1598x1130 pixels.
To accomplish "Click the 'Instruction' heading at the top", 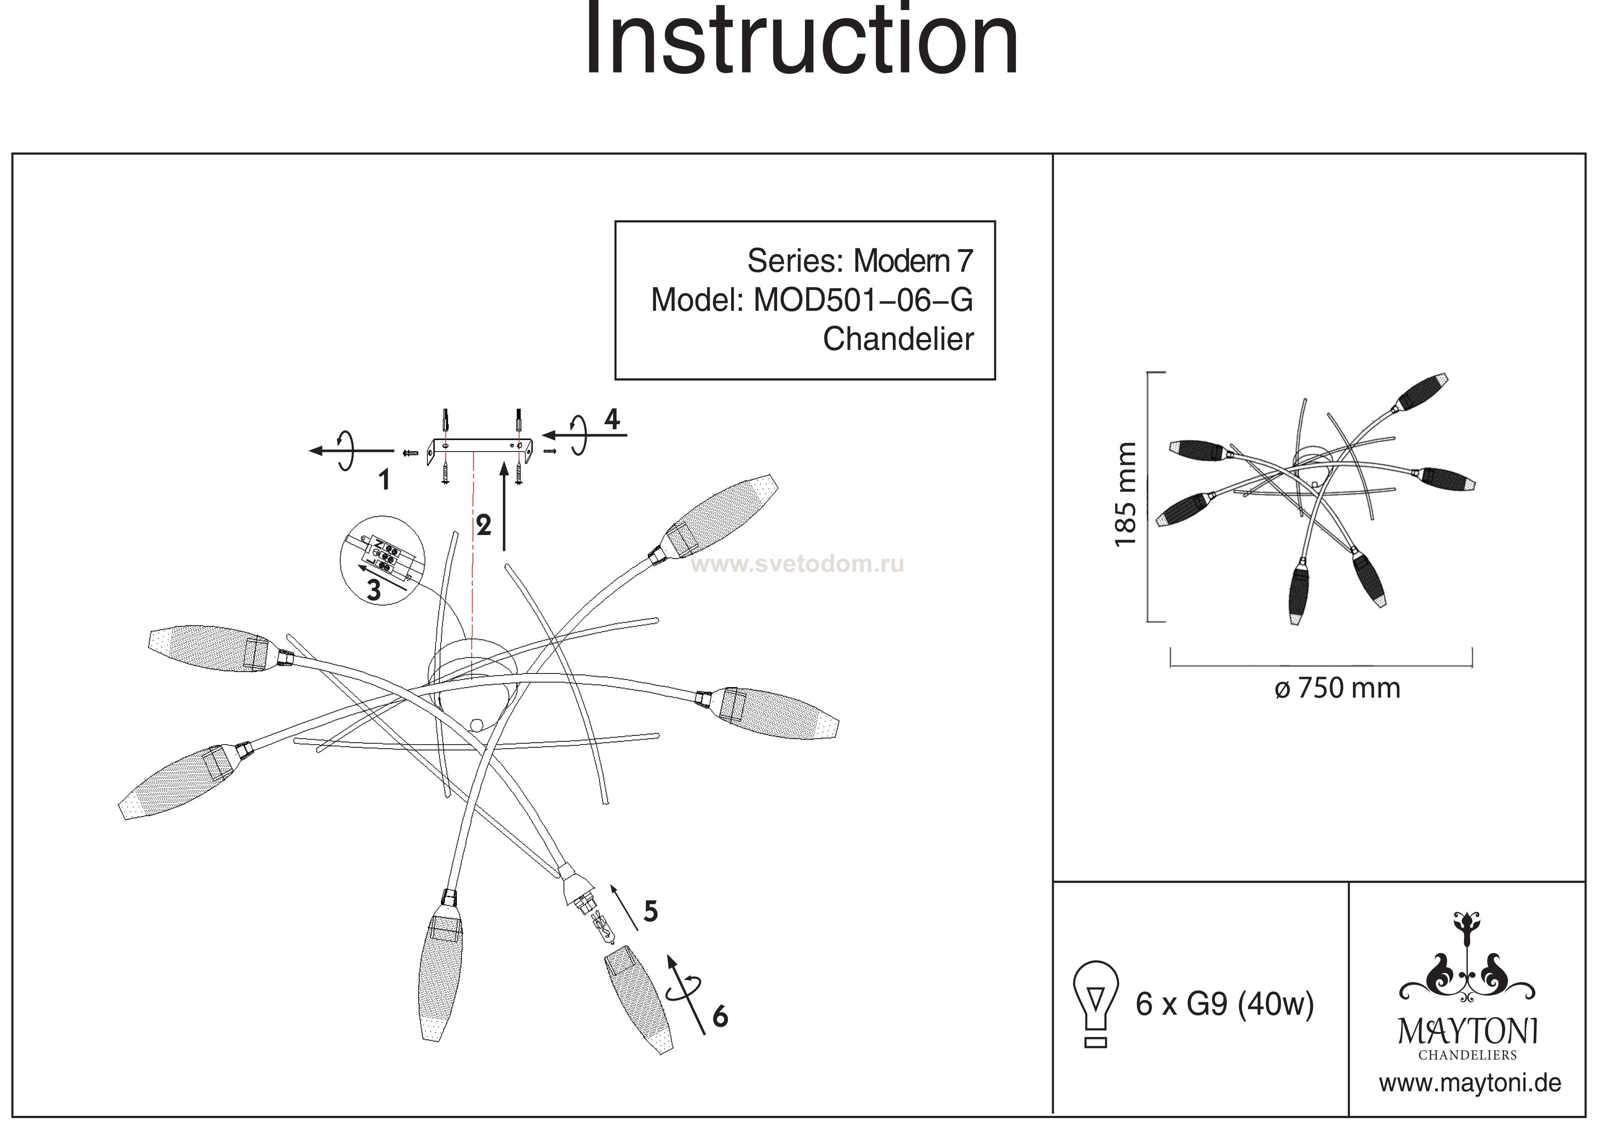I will click(800, 41).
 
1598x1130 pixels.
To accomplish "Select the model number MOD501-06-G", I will click(863, 300).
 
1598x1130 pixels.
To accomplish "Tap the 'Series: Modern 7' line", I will click(860, 261).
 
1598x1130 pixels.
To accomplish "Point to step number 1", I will click(384, 480).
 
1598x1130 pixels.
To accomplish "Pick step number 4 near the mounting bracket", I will click(612, 419).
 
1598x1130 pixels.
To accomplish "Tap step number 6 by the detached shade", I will click(720, 1017).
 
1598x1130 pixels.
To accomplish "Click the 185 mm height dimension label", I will click(1126, 494).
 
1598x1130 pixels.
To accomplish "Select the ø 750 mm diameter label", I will click(1337, 688).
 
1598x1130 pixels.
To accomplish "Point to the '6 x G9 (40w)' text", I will click(1224, 1005).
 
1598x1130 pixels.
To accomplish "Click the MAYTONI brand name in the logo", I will click(1468, 1032).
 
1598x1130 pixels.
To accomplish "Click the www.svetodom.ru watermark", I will click(798, 564).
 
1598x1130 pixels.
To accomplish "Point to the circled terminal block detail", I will click(382, 560).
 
